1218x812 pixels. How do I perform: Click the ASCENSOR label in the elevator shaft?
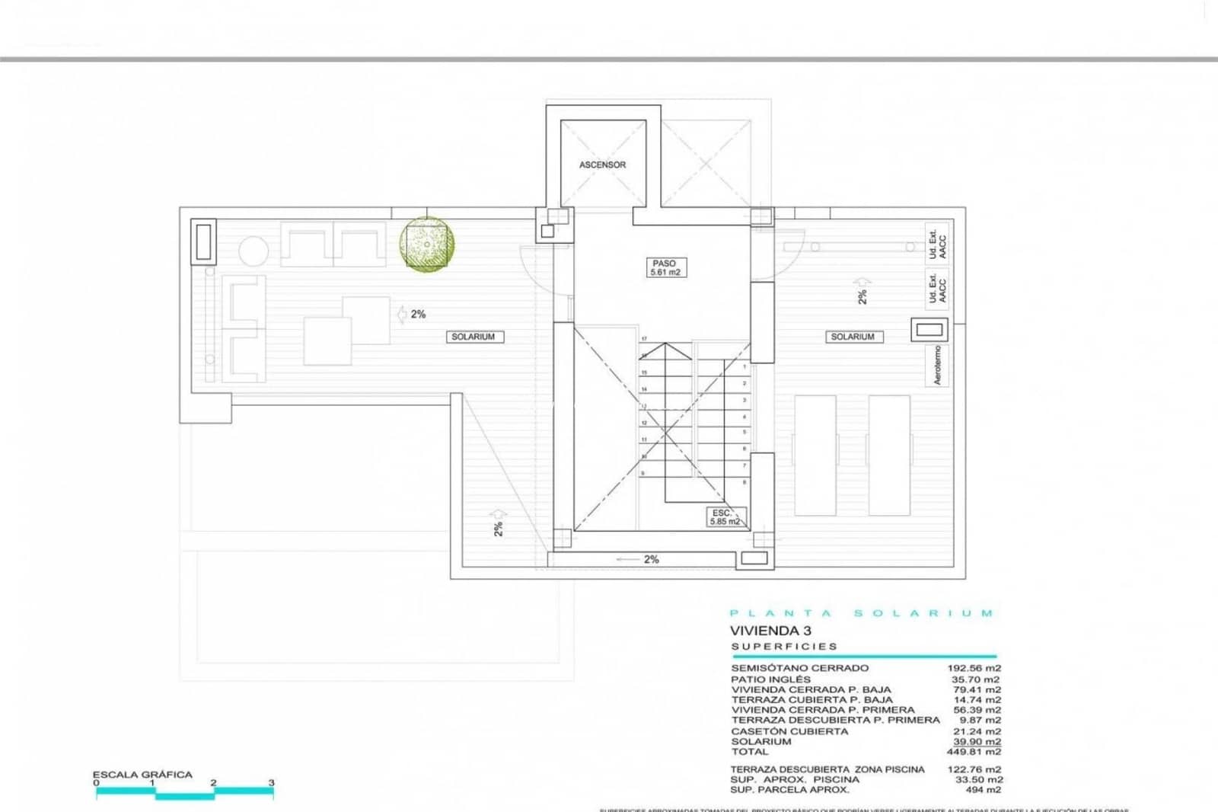pyautogui.click(x=602, y=165)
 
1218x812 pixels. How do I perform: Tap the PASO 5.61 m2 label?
pyautogui.click(x=665, y=267)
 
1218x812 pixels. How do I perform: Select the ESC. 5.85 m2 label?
pyautogui.click(x=724, y=517)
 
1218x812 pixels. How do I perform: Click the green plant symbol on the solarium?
pyautogui.click(x=427, y=244)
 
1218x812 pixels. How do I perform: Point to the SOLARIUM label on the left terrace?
pyautogui.click(x=473, y=337)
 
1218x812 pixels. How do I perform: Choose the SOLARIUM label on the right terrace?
pyautogui.click(x=852, y=337)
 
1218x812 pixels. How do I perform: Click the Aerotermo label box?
pyautogui.click(x=937, y=365)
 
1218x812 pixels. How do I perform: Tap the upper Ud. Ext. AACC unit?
pyautogui.click(x=937, y=244)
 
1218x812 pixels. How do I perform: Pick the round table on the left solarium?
pyautogui.click(x=253, y=251)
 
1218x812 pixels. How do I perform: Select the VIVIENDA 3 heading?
pyautogui.click(x=770, y=631)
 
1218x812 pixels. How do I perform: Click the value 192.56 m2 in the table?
pyautogui.click(x=974, y=668)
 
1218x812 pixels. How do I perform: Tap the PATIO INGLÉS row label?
pyautogui.click(x=770, y=679)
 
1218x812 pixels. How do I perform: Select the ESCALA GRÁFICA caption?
pyautogui.click(x=142, y=775)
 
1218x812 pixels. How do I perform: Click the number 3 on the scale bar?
pyautogui.click(x=271, y=783)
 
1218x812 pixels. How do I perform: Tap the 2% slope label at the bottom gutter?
pyautogui.click(x=651, y=559)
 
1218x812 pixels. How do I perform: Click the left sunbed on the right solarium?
pyautogui.click(x=815, y=455)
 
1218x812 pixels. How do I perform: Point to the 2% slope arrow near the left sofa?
pyautogui.click(x=411, y=314)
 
